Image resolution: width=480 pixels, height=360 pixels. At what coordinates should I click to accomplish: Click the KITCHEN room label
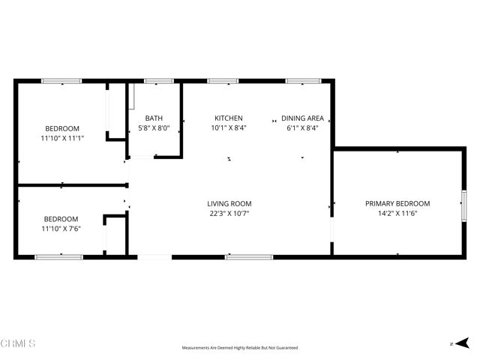click(x=229, y=118)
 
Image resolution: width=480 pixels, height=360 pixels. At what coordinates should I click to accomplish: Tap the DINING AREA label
click(x=302, y=118)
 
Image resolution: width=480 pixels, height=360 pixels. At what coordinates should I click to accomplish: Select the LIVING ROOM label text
click(x=229, y=204)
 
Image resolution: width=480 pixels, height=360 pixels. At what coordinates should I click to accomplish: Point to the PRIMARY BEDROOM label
click(x=397, y=204)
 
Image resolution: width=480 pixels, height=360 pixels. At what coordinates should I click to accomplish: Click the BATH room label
click(x=154, y=118)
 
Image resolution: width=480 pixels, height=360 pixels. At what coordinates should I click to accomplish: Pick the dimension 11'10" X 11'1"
click(x=61, y=138)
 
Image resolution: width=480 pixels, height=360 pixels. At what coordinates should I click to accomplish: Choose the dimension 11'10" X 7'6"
click(x=61, y=228)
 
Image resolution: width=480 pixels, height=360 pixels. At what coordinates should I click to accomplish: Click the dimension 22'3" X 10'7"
click(x=229, y=214)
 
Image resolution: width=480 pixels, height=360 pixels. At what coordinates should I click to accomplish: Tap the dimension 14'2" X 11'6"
click(x=397, y=214)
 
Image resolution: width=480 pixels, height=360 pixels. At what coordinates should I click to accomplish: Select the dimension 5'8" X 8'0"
click(x=154, y=128)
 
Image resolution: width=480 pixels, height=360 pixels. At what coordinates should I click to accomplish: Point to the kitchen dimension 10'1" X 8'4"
click(x=229, y=128)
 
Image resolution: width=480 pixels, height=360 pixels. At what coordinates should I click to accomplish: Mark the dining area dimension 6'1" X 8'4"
click(x=302, y=128)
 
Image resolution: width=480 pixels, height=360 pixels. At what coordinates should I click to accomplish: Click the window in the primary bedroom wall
click(x=464, y=203)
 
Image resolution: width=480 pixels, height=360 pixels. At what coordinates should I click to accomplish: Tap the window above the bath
click(x=159, y=80)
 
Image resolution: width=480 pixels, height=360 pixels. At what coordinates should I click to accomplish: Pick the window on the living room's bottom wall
click(x=249, y=257)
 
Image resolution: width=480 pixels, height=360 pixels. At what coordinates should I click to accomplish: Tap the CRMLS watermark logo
click(x=18, y=343)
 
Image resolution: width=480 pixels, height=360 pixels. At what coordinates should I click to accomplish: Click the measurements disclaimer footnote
click(x=240, y=348)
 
